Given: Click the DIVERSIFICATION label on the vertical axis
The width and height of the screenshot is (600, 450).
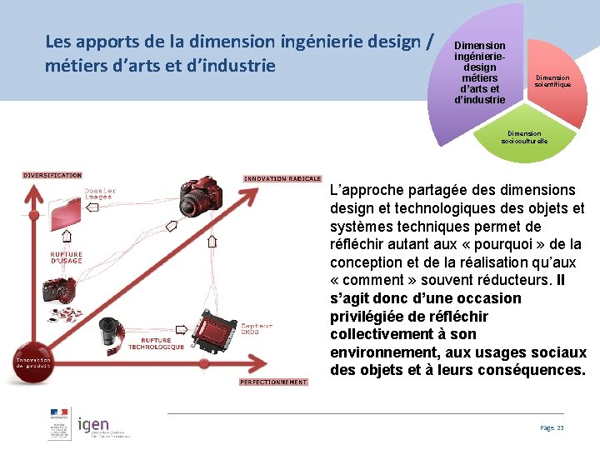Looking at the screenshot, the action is coord(52,175).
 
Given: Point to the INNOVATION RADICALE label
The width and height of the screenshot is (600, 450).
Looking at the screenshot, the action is coord(282,178).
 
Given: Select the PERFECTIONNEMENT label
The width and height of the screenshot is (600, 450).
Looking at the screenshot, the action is coord(273,382).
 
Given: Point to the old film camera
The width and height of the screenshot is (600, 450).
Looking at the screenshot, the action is coord(59,289).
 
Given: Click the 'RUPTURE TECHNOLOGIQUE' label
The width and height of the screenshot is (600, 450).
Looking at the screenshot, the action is coord(162,343).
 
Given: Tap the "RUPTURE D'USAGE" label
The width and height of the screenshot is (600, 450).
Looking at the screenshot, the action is coord(66,257).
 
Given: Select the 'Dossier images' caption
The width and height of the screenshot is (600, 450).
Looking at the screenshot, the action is coord(100,193).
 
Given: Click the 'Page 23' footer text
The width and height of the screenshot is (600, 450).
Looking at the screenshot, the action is coord(552,427).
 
